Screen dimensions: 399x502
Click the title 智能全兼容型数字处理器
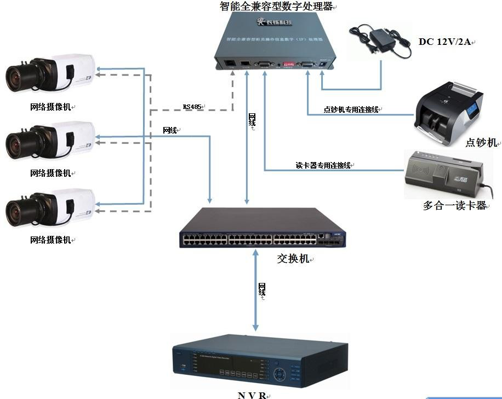tap(277, 7)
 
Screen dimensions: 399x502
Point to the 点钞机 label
tap(481, 142)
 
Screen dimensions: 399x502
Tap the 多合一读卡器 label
tap(454, 206)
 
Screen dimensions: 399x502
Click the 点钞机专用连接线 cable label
tap(351, 110)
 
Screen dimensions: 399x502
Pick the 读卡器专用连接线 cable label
tap(323, 165)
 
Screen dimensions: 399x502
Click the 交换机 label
tap(293, 258)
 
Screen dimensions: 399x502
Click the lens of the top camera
tap(20, 77)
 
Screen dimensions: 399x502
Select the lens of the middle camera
tap(20, 144)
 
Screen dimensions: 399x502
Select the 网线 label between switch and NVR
tap(262, 290)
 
